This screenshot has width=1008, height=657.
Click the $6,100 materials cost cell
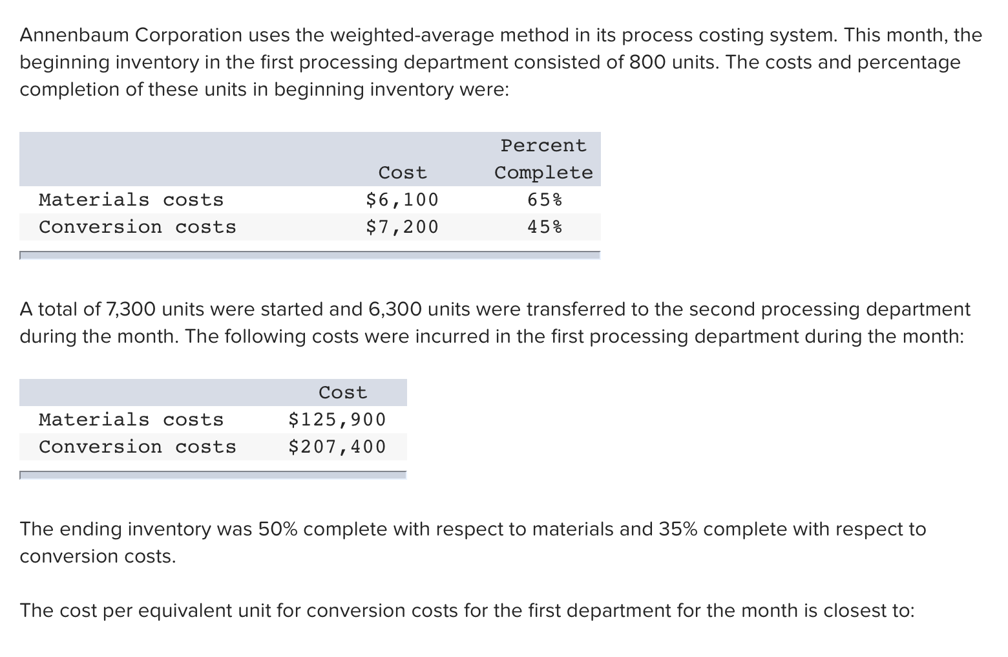402,200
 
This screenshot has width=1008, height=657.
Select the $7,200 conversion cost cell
402,227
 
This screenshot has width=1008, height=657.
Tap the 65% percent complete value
544,200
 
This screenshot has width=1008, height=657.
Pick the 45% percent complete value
544,227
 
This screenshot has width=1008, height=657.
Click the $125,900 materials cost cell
337,420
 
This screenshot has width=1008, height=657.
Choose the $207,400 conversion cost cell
337,447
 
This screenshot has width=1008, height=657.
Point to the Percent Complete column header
543,159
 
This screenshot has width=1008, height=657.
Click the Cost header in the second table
342,393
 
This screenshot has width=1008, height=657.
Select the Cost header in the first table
402,173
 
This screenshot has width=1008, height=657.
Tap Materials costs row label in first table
131,200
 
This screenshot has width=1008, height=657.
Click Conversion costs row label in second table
138,447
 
